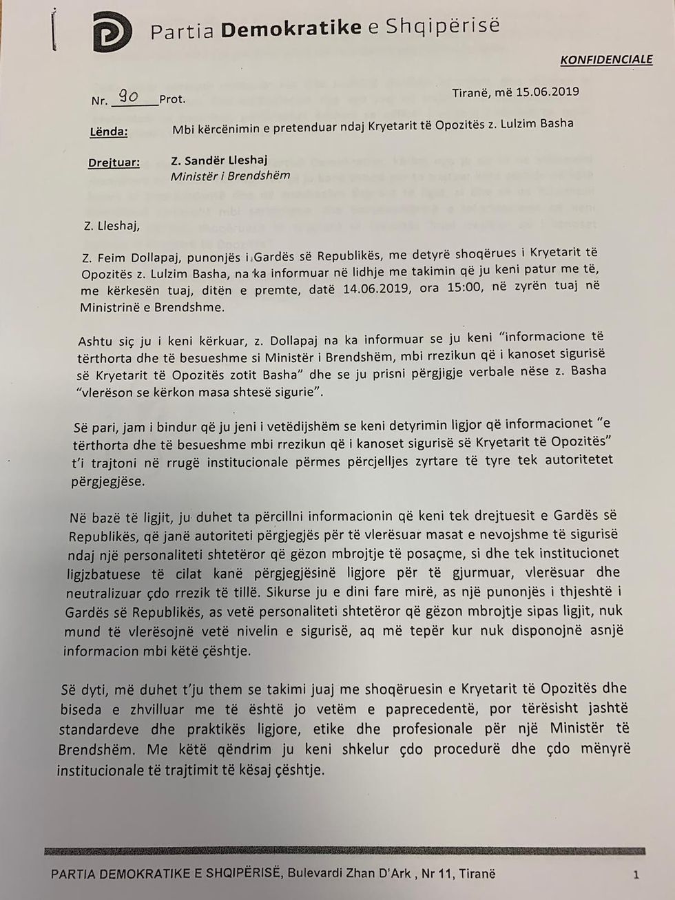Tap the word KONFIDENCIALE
tap(606, 60)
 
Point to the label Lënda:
tap(108, 132)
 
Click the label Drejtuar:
tap(114, 163)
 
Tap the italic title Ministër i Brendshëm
tap(230, 176)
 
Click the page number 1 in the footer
tap(636, 875)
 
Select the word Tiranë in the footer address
tap(477, 874)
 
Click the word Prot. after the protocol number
tap(172, 99)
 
